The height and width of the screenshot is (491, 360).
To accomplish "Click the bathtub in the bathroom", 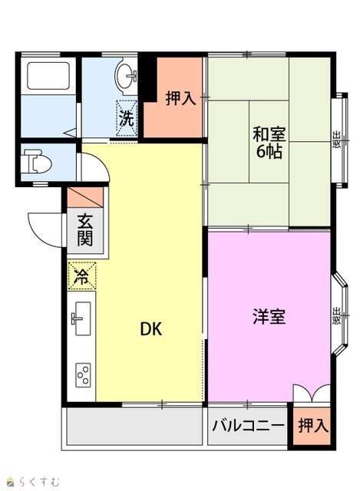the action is coord(48,76).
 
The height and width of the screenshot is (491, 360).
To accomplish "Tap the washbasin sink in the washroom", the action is coord(126,76).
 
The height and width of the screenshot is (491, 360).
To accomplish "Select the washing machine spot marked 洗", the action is coord(127,117).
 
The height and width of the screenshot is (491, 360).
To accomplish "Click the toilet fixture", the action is coord(38,162).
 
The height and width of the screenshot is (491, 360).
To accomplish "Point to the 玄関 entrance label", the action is coord(85,230).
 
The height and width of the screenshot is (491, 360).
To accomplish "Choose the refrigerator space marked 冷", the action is coord(82,276).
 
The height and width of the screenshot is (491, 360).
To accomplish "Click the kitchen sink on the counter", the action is coord(81,318).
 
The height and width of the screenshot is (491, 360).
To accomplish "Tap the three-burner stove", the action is coord(83,375).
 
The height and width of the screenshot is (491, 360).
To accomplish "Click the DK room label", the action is coord(151,329).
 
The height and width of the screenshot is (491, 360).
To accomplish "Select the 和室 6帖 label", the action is coord(269,143).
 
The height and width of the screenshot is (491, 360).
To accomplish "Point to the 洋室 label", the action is coord(269,316).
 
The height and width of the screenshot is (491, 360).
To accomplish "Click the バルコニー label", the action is coord(248,426).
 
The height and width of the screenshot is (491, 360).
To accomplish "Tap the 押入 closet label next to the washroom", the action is coord(181,98).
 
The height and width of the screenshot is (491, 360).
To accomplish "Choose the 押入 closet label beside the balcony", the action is coord(313,426).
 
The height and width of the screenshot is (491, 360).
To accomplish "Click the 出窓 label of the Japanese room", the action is coord(336,140).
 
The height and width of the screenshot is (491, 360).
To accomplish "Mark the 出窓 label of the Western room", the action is coord(336,316).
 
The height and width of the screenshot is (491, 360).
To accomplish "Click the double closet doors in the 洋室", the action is coord(312,394).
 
